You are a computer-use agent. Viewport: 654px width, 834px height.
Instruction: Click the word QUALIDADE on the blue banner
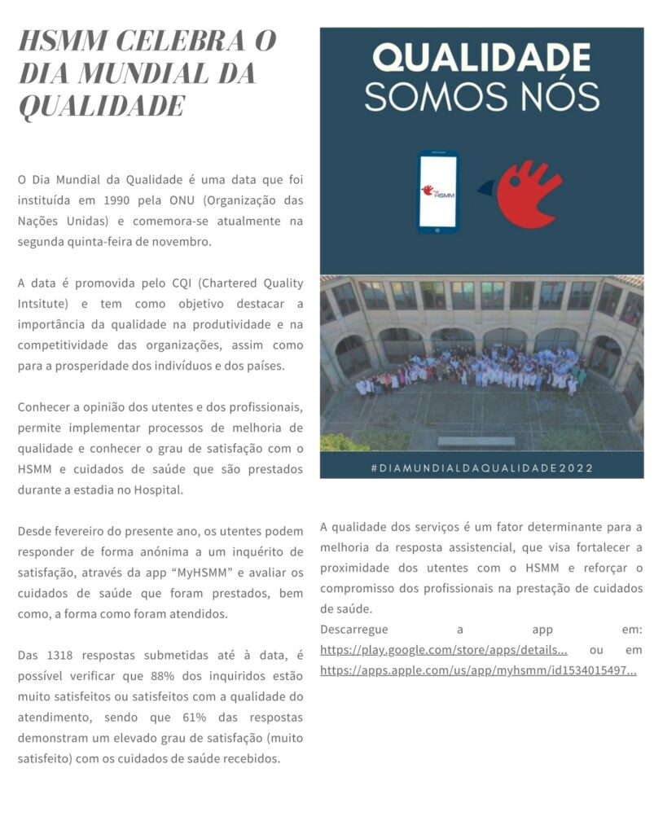pyautogui.click(x=481, y=59)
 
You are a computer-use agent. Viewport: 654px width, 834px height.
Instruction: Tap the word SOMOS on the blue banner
pyautogui.click(x=423, y=97)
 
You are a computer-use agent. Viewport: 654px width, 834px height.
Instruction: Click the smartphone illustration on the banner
pyautogui.click(x=438, y=192)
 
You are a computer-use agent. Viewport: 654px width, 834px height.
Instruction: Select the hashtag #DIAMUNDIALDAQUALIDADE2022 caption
pyautogui.click(x=481, y=468)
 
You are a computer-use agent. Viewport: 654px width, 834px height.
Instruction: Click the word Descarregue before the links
pyautogui.click(x=354, y=629)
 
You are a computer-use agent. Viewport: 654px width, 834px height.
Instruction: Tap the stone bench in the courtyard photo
pyautogui.click(x=476, y=441)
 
